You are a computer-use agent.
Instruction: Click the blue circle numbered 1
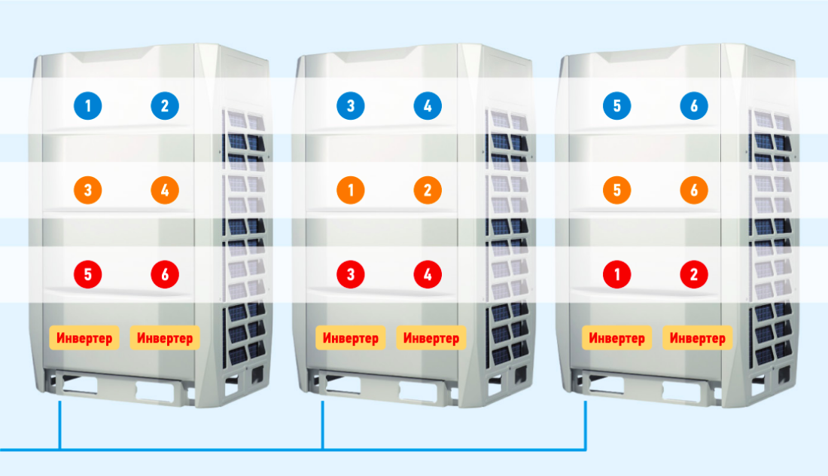click(x=88, y=106)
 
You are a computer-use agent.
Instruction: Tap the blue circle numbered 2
click(x=165, y=106)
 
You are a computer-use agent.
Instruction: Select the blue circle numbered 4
click(x=428, y=106)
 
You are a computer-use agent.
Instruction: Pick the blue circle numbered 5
click(x=617, y=106)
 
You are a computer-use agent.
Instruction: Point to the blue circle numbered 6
click(x=694, y=106)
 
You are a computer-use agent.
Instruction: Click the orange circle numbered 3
click(x=88, y=191)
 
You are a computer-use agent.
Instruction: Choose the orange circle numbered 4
click(x=165, y=191)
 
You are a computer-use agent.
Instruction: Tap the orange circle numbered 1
click(x=351, y=191)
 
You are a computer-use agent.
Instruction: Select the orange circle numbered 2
click(x=428, y=191)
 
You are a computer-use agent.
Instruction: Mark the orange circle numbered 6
click(x=694, y=191)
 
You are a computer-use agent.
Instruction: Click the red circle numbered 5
click(x=88, y=275)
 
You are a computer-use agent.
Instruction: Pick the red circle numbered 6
click(x=165, y=275)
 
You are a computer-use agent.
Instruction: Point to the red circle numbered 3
click(x=351, y=275)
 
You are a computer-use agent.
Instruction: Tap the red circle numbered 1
click(x=617, y=275)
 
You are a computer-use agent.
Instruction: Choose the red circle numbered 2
click(x=694, y=275)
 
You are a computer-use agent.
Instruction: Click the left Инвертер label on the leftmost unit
click(x=84, y=338)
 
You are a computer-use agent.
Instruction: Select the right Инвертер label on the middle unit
click(x=431, y=338)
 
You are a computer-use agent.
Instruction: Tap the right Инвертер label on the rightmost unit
click(x=698, y=338)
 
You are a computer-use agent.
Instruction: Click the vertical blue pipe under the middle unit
click(x=323, y=426)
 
